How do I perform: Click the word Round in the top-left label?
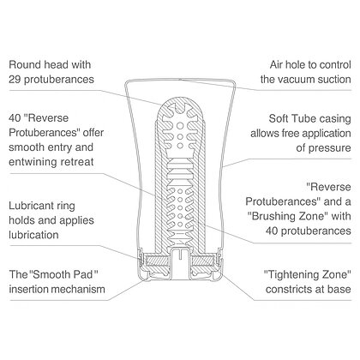pyautogui.click(x=24, y=64)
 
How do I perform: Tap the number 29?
pyautogui.click(x=15, y=79)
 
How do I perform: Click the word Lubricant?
pyautogui.click(x=28, y=206)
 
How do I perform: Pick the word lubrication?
pyautogui.click(x=33, y=235)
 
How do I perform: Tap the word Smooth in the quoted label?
pyautogui.click(x=50, y=274)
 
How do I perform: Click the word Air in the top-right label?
pyautogui.click(x=277, y=65)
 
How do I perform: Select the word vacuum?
pyautogui.click(x=297, y=79)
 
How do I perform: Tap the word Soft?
pyautogui.click(x=279, y=118)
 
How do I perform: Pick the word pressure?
pyautogui.click(x=329, y=148)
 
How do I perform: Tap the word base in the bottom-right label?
pyautogui.click(x=339, y=289)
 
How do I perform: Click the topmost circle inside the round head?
pyautogui.click(x=180, y=126)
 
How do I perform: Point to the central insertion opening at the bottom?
pyautogui.click(x=180, y=264)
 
